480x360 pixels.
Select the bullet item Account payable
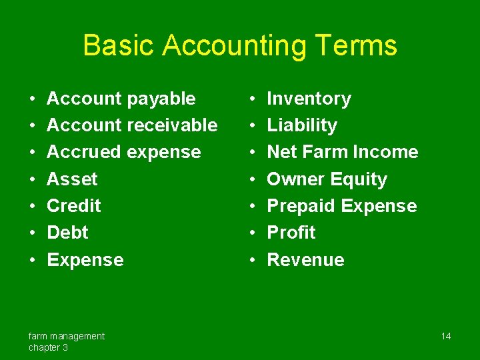121,99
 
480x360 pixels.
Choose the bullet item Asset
72,179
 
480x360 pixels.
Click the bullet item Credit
74,206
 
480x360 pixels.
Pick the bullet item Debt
67,233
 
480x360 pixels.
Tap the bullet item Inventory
309,99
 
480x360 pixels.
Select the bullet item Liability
302,125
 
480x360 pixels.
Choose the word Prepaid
301,206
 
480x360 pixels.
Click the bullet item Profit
291,233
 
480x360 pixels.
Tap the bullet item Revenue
305,260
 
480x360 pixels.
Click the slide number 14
446,336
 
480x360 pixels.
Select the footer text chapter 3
48,347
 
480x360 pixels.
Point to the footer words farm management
66,336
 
